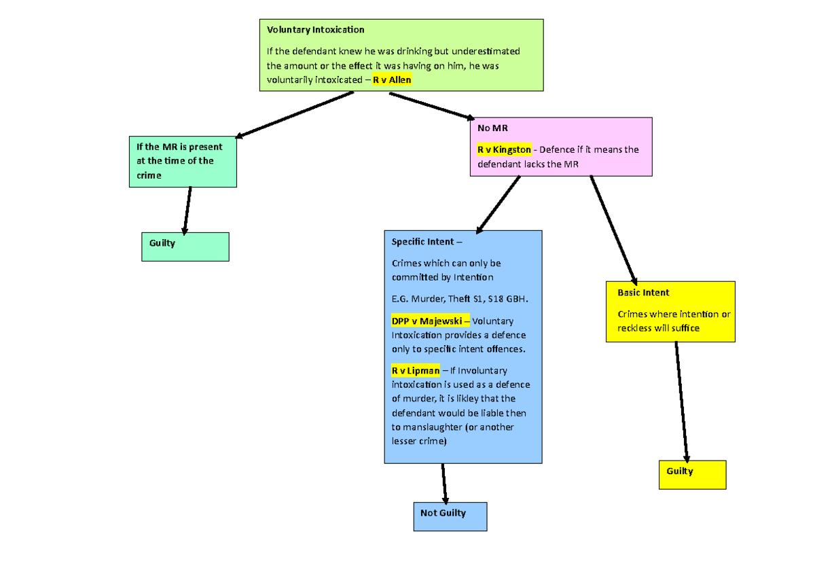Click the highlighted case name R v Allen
click(392, 80)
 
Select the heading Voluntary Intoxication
click(315, 30)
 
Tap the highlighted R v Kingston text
click(504, 149)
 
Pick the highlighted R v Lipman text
click(415, 370)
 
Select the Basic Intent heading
click(643, 293)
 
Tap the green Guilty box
click(185, 247)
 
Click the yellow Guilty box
click(692, 474)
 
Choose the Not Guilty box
click(450, 516)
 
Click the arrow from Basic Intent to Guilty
click(682, 401)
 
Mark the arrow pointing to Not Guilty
click(444, 483)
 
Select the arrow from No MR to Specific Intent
click(499, 204)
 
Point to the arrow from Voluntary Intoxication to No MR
click(431, 106)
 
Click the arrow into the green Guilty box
click(187, 210)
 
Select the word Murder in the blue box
click(429, 299)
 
